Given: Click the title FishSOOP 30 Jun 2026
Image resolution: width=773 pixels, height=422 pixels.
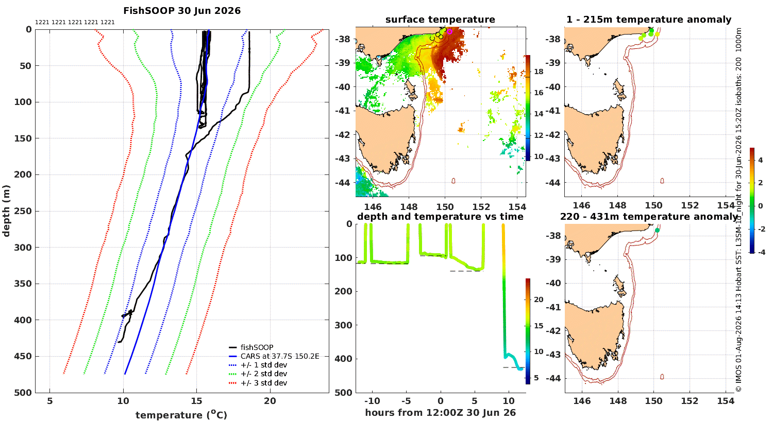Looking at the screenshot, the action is point(182,11).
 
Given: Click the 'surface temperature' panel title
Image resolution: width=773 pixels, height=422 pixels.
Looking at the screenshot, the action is point(440,20).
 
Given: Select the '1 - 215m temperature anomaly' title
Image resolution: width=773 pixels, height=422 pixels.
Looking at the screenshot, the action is point(649,20).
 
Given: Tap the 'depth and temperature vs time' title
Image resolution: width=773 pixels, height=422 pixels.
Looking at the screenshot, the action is point(440,217).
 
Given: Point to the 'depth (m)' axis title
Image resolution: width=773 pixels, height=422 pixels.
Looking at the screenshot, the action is point(6,211).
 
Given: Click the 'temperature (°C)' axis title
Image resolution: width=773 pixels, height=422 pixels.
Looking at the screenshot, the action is point(181,415).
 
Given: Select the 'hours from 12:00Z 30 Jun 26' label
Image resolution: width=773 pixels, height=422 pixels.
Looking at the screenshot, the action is point(440,412).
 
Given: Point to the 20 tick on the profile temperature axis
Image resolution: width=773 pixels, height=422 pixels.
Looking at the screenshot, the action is point(270,401).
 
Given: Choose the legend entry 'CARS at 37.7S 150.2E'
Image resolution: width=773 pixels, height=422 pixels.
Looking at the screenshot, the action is point(280,356).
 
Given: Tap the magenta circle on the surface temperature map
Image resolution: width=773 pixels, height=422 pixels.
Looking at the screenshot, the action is point(450,32).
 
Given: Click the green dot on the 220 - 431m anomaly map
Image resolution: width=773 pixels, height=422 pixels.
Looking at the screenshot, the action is point(657,230).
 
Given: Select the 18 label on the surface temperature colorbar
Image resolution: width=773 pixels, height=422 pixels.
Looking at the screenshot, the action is point(539,72).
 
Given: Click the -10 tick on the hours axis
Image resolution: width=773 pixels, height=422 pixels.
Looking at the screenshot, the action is point(373,401).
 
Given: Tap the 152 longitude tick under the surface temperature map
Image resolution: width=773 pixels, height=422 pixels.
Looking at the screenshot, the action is point(481,207).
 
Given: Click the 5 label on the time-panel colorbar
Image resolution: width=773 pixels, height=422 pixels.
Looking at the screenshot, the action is point(536,378).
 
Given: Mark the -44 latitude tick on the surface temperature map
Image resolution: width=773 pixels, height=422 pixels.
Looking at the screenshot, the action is point(342,182).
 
